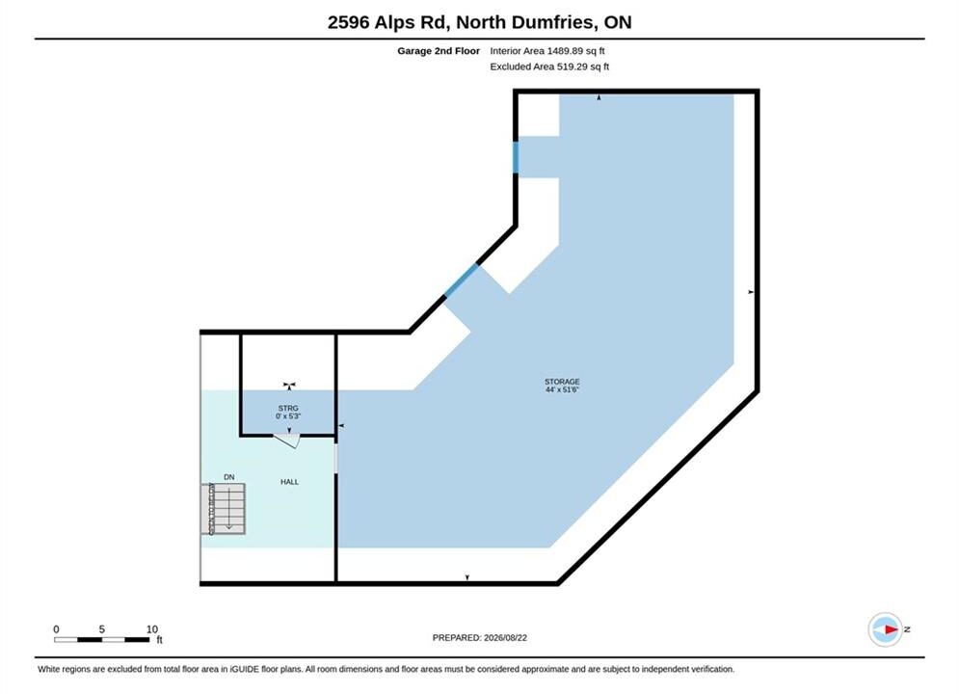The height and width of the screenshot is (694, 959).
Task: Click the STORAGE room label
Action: pos(562,382)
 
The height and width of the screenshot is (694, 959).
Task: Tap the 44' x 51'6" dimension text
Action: pos(562,389)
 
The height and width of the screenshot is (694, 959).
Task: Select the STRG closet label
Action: pos(288,408)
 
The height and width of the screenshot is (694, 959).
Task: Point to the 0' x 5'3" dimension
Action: pos(288,415)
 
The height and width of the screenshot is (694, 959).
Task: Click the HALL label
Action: pos(289,482)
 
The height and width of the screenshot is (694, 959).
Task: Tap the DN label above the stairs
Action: pos(228,477)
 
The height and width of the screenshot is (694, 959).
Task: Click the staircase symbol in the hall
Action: pos(224,509)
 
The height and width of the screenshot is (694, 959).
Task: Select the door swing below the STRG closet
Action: pos(286,440)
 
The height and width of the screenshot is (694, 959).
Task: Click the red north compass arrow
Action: pos(892,629)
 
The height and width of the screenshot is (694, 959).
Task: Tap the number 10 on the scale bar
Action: pos(151,629)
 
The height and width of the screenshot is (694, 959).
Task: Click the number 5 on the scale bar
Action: pos(101,629)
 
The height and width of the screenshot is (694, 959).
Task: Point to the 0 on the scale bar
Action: pos(56,629)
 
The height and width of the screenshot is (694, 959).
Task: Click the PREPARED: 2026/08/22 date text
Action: pos(480,638)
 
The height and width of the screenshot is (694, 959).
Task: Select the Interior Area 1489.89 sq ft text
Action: pos(546,51)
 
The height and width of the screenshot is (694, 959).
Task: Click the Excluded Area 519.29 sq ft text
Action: pos(549,67)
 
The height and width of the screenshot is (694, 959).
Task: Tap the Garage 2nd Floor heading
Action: pos(439,51)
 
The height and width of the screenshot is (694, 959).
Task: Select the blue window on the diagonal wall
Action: pos(461,280)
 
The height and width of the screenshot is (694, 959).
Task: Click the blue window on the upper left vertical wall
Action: pos(516,157)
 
